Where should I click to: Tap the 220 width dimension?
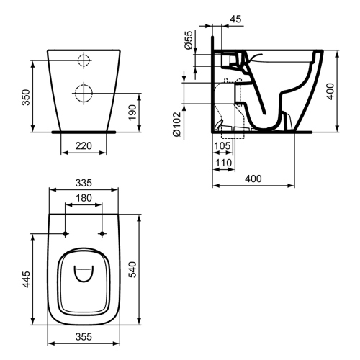(x=84, y=146)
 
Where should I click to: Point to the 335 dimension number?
(x=84, y=183)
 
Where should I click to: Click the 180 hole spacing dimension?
(x=84, y=198)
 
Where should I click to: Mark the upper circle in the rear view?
(x=84, y=60)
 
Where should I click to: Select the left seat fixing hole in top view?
(x=66, y=234)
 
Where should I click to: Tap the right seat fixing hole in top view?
(x=101, y=234)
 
